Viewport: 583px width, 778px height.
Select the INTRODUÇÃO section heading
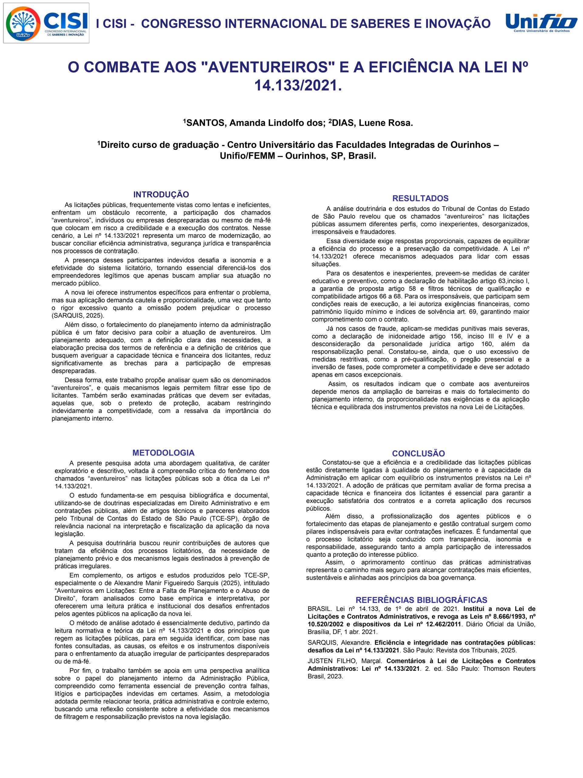tap(161, 194)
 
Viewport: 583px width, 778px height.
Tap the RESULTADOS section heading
tap(420, 198)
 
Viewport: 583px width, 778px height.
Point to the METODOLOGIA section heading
tap(163, 452)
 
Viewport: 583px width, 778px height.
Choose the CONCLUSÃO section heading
tap(418, 453)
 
